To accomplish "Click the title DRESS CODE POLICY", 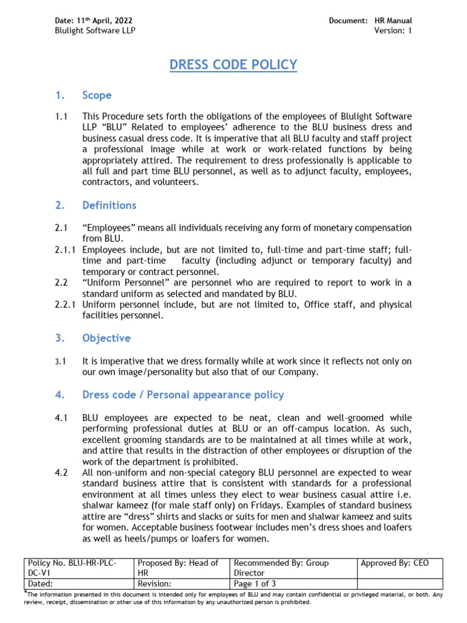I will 233,64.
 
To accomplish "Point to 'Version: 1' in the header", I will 393,31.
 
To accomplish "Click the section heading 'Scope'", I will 97,96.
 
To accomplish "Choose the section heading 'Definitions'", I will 109,206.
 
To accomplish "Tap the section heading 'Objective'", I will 106,338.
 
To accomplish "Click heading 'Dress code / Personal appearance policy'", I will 182,395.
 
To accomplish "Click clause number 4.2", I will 61,472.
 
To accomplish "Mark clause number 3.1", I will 60,361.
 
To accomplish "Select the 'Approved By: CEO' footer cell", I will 395,563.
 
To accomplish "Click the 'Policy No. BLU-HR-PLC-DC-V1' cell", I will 78,568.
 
